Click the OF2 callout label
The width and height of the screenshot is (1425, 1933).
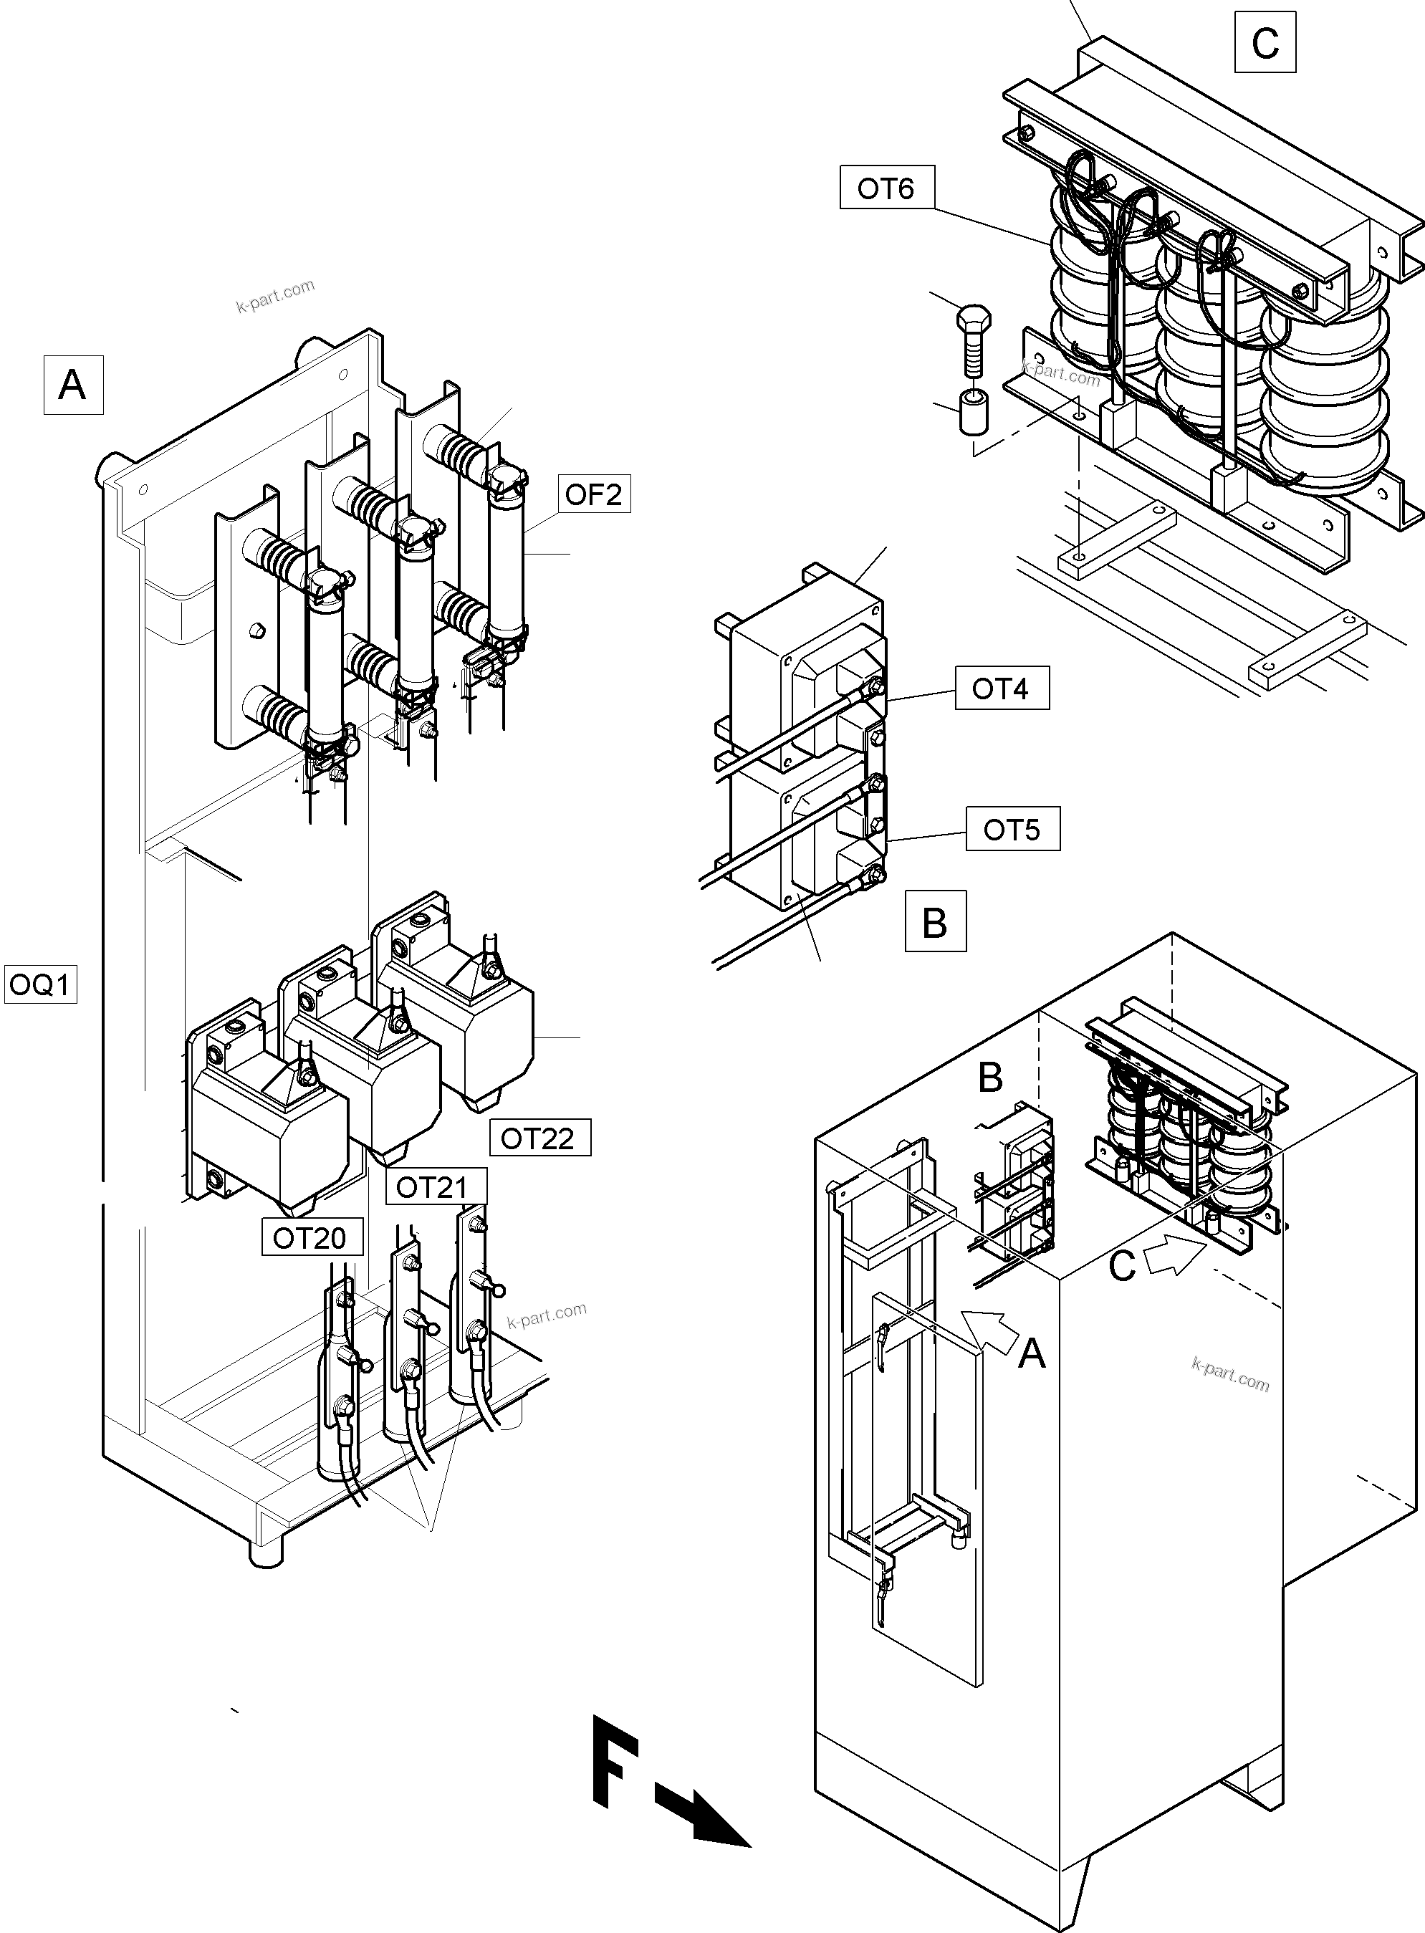(593, 494)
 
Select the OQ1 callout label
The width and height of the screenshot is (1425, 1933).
(41, 984)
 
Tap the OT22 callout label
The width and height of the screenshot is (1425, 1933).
(537, 1138)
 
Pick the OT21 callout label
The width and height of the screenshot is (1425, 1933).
(431, 1188)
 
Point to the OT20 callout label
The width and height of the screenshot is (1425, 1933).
(309, 1238)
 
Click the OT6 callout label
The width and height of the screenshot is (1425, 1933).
(886, 188)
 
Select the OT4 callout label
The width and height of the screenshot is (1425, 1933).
(1001, 689)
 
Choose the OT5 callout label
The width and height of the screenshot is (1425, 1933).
(1012, 830)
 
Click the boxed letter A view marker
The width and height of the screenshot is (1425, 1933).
(73, 385)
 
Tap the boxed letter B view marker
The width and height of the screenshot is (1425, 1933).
(935, 922)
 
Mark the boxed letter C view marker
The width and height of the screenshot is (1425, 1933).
(1265, 42)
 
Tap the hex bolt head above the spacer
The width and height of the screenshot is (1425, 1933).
(974, 318)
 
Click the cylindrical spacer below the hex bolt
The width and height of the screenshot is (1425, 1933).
(973, 413)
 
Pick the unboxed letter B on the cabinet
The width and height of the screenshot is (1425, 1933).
(990, 1078)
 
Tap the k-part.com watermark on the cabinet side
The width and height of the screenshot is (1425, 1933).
(1230, 1373)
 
